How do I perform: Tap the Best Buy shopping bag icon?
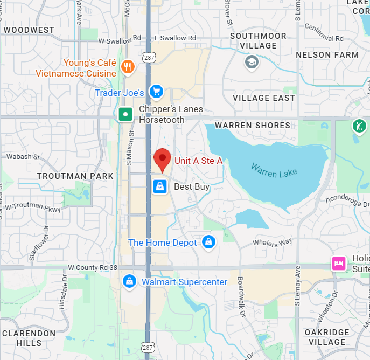(x=159, y=186)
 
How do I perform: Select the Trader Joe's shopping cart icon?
(x=157, y=92)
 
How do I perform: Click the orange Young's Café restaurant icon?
(x=128, y=66)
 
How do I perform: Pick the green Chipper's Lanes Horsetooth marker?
(x=125, y=114)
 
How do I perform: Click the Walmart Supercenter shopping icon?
(x=129, y=281)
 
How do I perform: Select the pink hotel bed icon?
(x=338, y=264)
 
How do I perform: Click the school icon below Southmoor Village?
(x=251, y=63)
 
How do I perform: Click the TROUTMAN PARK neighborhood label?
(x=75, y=176)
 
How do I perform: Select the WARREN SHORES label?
(x=252, y=125)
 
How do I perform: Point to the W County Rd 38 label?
(x=93, y=267)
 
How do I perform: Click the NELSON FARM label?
(x=327, y=55)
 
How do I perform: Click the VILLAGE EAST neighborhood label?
(x=263, y=98)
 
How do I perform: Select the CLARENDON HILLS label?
(x=29, y=338)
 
